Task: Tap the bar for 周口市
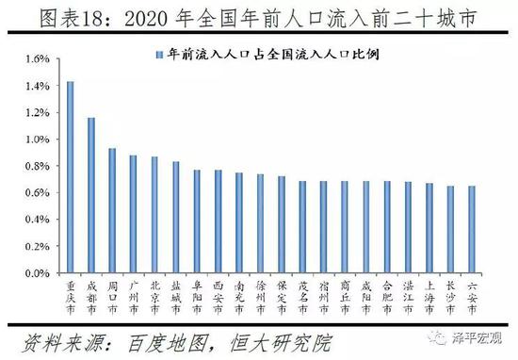point(113,211)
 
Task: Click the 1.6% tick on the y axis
point(35,59)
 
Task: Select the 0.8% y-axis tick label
point(35,166)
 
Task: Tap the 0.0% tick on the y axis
point(35,273)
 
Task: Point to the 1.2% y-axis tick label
point(35,113)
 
